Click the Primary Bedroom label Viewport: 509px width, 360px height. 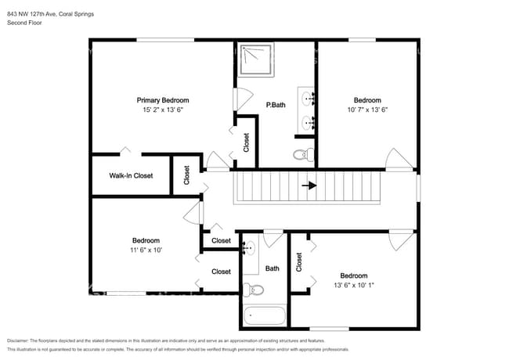coord(163,100)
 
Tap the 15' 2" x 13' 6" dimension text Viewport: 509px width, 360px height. coord(163,110)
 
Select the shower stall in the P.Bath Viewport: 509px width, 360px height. coord(256,59)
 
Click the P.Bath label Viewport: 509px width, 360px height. coord(276,105)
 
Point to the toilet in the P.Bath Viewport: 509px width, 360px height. coord(304,154)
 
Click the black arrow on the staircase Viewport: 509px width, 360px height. coord(309,185)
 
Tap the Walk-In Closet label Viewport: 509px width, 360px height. coord(131,175)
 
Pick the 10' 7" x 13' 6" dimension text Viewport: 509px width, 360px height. coord(367,110)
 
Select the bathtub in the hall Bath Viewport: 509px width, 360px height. coord(265,315)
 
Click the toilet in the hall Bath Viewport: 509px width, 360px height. coord(253,290)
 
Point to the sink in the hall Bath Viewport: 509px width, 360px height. coord(249,248)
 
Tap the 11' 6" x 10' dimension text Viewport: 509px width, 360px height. coord(146,250)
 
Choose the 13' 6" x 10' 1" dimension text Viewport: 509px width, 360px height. coord(354,285)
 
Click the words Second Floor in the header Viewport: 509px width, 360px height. coord(24,23)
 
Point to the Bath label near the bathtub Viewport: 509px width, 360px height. coord(272,268)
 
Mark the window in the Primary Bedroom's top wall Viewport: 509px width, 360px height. coord(165,40)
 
